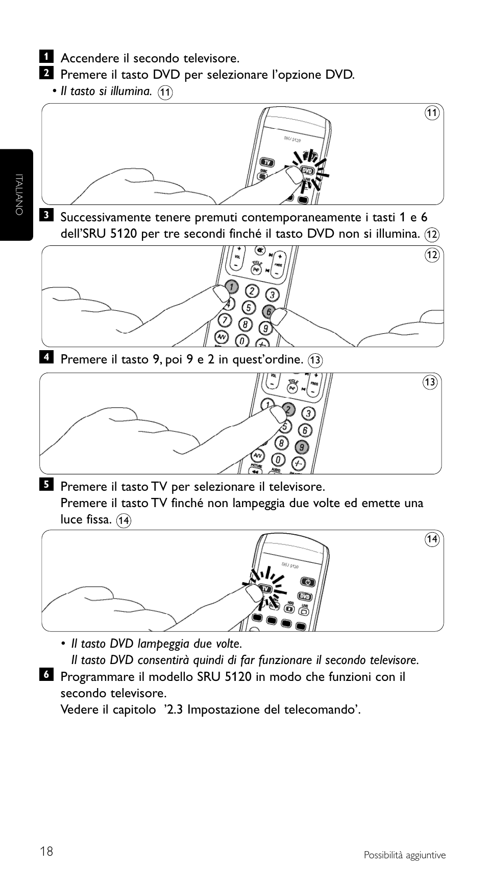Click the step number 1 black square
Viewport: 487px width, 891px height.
click(46, 55)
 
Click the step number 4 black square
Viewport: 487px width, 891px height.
click(46, 356)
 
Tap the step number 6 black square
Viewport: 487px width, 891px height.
click(46, 674)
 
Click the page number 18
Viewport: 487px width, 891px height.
click(46, 852)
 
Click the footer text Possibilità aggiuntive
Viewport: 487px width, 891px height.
click(404, 855)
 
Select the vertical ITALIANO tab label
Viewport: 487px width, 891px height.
click(19, 194)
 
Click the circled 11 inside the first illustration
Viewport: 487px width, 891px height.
click(432, 113)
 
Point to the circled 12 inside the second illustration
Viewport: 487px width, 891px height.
click(432, 255)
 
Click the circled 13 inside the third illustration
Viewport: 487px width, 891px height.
click(430, 382)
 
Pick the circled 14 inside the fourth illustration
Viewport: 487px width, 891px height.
click(432, 539)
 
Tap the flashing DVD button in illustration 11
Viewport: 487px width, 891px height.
click(307, 170)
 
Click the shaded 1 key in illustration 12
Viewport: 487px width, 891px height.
click(231, 287)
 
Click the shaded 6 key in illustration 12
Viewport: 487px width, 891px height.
click(269, 311)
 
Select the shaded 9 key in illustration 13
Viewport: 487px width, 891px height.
click(302, 447)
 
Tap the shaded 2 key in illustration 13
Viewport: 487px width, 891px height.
click(289, 409)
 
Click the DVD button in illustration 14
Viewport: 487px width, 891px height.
click(305, 597)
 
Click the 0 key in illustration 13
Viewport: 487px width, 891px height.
click(278, 459)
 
